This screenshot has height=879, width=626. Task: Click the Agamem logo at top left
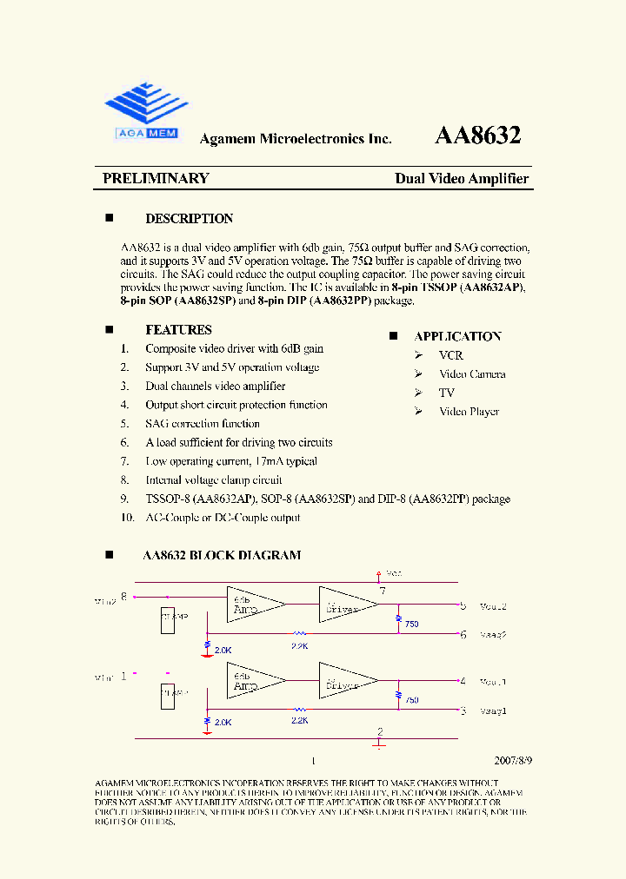click(x=147, y=110)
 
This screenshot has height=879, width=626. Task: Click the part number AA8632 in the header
click(x=477, y=135)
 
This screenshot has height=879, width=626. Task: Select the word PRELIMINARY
click(x=156, y=178)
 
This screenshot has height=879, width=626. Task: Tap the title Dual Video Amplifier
click(x=462, y=178)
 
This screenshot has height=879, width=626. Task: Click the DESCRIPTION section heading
click(x=189, y=219)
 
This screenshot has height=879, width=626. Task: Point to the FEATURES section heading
click(x=178, y=330)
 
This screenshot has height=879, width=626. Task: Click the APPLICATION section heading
click(x=457, y=336)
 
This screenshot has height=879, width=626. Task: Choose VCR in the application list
click(x=450, y=355)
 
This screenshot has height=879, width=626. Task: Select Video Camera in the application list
click(x=471, y=374)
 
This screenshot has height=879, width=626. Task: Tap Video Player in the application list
click(x=469, y=412)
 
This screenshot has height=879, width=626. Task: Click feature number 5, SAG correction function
click(x=202, y=424)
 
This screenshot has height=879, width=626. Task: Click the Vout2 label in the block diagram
click(x=493, y=606)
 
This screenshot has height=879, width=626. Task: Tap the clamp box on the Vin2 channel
click(x=168, y=620)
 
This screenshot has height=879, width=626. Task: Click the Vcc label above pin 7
click(x=393, y=573)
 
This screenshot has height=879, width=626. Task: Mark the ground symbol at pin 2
click(x=379, y=743)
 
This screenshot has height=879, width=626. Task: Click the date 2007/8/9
click(x=513, y=759)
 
